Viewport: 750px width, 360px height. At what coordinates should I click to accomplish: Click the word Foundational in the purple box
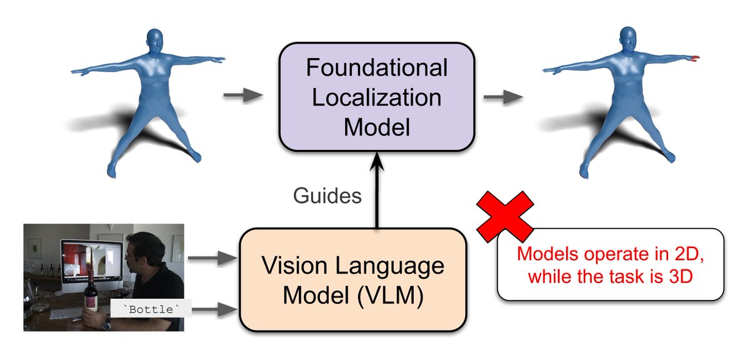[x=376, y=68]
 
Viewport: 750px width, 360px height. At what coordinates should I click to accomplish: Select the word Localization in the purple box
[x=376, y=97]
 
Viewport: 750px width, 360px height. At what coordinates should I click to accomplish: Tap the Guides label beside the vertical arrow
[x=327, y=196]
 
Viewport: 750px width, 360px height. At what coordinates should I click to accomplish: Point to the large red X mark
[x=505, y=216]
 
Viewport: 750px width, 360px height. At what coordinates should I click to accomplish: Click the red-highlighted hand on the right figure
[x=696, y=58]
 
